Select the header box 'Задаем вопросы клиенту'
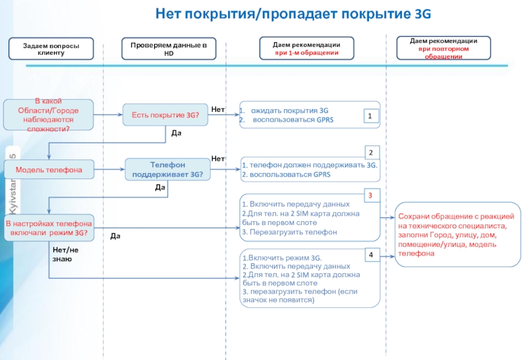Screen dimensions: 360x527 click(x=51, y=48)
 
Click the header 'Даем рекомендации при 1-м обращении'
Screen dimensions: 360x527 click(x=306, y=47)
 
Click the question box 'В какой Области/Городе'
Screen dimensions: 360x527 click(x=48, y=115)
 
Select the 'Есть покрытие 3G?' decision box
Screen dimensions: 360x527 click(x=165, y=115)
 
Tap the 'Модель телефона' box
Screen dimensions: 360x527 click(x=48, y=170)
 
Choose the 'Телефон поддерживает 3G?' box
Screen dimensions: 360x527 click(x=167, y=170)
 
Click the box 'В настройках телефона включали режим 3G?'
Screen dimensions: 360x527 click(x=48, y=228)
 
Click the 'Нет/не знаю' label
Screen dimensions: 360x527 click(x=65, y=254)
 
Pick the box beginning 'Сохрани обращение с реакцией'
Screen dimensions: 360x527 click(x=455, y=234)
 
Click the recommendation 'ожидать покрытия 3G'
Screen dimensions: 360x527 click(x=289, y=111)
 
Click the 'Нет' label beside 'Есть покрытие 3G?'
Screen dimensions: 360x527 click(x=218, y=108)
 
